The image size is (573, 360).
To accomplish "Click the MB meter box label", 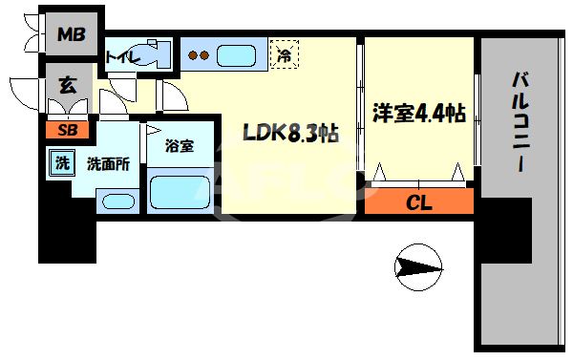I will pos(71,36).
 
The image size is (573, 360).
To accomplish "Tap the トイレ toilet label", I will pos(122,58).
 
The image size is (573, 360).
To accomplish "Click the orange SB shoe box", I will pos(69,130).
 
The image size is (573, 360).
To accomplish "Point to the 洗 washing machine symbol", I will pos(61,163).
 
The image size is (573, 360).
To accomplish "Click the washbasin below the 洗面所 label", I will pos(117,201).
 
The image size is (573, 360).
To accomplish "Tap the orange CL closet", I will pos(418,202).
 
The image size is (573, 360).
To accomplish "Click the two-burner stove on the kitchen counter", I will pos(200,55).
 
